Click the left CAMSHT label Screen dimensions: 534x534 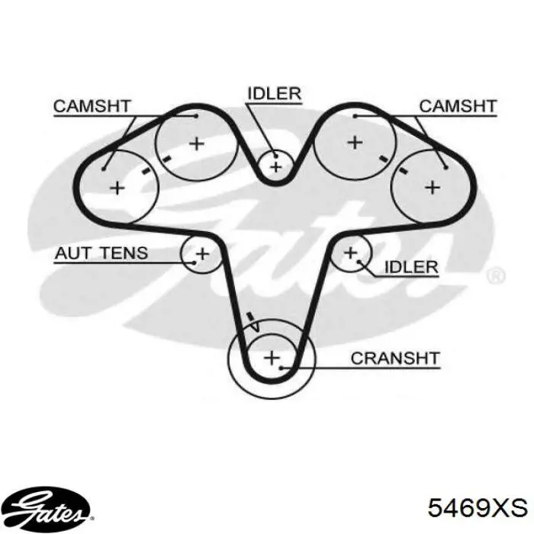(92, 106)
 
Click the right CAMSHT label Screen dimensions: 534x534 (458, 106)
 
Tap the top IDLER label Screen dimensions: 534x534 (274, 94)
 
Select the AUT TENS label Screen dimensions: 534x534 (101, 253)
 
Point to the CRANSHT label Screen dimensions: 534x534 (395, 359)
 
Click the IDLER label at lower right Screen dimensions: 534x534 (411, 267)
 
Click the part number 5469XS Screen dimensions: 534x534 (478, 508)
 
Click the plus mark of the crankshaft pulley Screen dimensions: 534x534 (272, 358)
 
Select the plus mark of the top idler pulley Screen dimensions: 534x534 (276, 167)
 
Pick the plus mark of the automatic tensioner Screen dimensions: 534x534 (202, 254)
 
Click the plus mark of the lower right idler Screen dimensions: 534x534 (350, 253)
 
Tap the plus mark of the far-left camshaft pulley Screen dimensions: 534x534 (117, 188)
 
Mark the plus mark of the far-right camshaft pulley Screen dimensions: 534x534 (433, 188)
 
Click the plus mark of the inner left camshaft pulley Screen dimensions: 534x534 (197, 143)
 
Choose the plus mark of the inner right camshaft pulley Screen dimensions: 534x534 (355, 143)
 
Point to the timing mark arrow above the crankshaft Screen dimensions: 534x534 (254, 321)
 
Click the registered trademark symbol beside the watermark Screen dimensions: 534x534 (496, 276)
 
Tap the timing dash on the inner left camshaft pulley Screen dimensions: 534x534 (166, 159)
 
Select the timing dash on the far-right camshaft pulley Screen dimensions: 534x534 (403, 171)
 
